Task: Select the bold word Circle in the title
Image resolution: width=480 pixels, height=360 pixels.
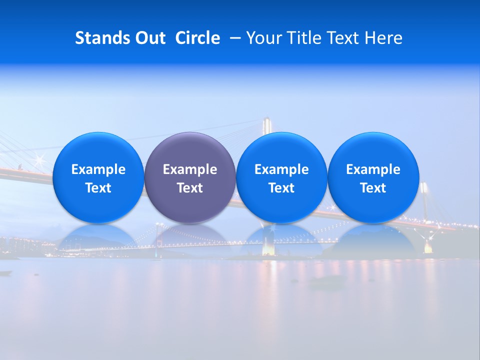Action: pyautogui.click(x=197, y=38)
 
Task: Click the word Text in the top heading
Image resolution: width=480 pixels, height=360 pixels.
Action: pyautogui.click(x=344, y=38)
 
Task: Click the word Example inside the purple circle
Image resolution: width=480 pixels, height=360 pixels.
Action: pyautogui.click(x=190, y=169)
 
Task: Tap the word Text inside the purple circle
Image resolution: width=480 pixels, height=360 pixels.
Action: pyautogui.click(x=190, y=188)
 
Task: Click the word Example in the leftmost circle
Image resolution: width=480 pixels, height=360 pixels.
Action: pyautogui.click(x=98, y=169)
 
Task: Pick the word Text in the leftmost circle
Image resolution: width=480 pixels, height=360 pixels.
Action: pyautogui.click(x=98, y=188)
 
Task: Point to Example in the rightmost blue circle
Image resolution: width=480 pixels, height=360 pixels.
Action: pyautogui.click(x=373, y=169)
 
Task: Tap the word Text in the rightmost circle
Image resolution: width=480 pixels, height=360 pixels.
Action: pyautogui.click(x=373, y=188)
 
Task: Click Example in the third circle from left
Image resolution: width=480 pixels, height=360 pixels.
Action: pyautogui.click(x=281, y=169)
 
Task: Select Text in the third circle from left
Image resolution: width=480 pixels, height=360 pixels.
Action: pyautogui.click(x=281, y=188)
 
